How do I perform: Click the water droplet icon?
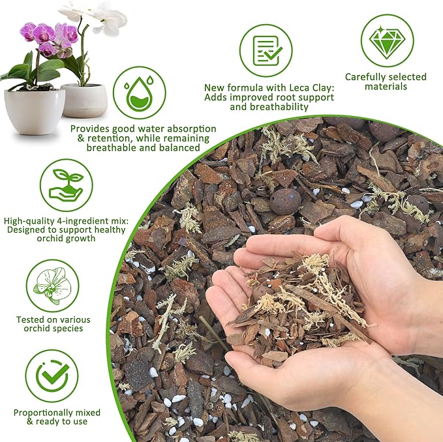(x=139, y=93)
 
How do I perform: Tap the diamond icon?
(x=388, y=40)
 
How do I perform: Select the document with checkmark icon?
(x=266, y=50)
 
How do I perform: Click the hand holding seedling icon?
(x=66, y=185)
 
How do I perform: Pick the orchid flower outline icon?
(x=52, y=286)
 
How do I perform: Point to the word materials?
(x=386, y=87)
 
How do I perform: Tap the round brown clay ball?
(x=285, y=201)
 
